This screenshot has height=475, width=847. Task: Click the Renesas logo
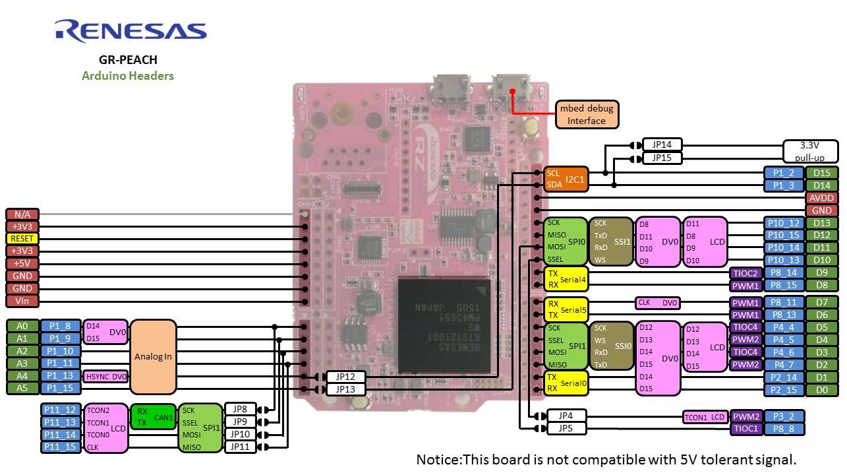(131, 31)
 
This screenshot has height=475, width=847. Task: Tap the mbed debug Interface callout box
(586, 115)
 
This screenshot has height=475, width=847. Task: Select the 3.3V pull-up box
(810, 151)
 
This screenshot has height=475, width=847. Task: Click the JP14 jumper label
(662, 145)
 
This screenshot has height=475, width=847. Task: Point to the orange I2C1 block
(564, 179)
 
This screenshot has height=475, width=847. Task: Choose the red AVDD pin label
(821, 198)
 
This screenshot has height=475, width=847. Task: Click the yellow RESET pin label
(22, 238)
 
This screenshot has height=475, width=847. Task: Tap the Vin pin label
(22, 301)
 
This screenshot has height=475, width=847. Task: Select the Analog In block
(153, 357)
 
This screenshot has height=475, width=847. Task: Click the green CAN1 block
(153, 416)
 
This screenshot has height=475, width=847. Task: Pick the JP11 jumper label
(240, 447)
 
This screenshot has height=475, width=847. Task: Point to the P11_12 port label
(61, 410)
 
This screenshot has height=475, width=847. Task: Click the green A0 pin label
(22, 326)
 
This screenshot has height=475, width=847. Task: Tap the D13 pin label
(821, 223)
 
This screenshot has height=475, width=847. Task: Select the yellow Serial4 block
(564, 279)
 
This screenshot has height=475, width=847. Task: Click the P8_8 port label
(784, 429)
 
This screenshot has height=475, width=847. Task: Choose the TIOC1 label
(746, 429)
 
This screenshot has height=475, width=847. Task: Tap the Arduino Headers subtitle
(128, 76)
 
